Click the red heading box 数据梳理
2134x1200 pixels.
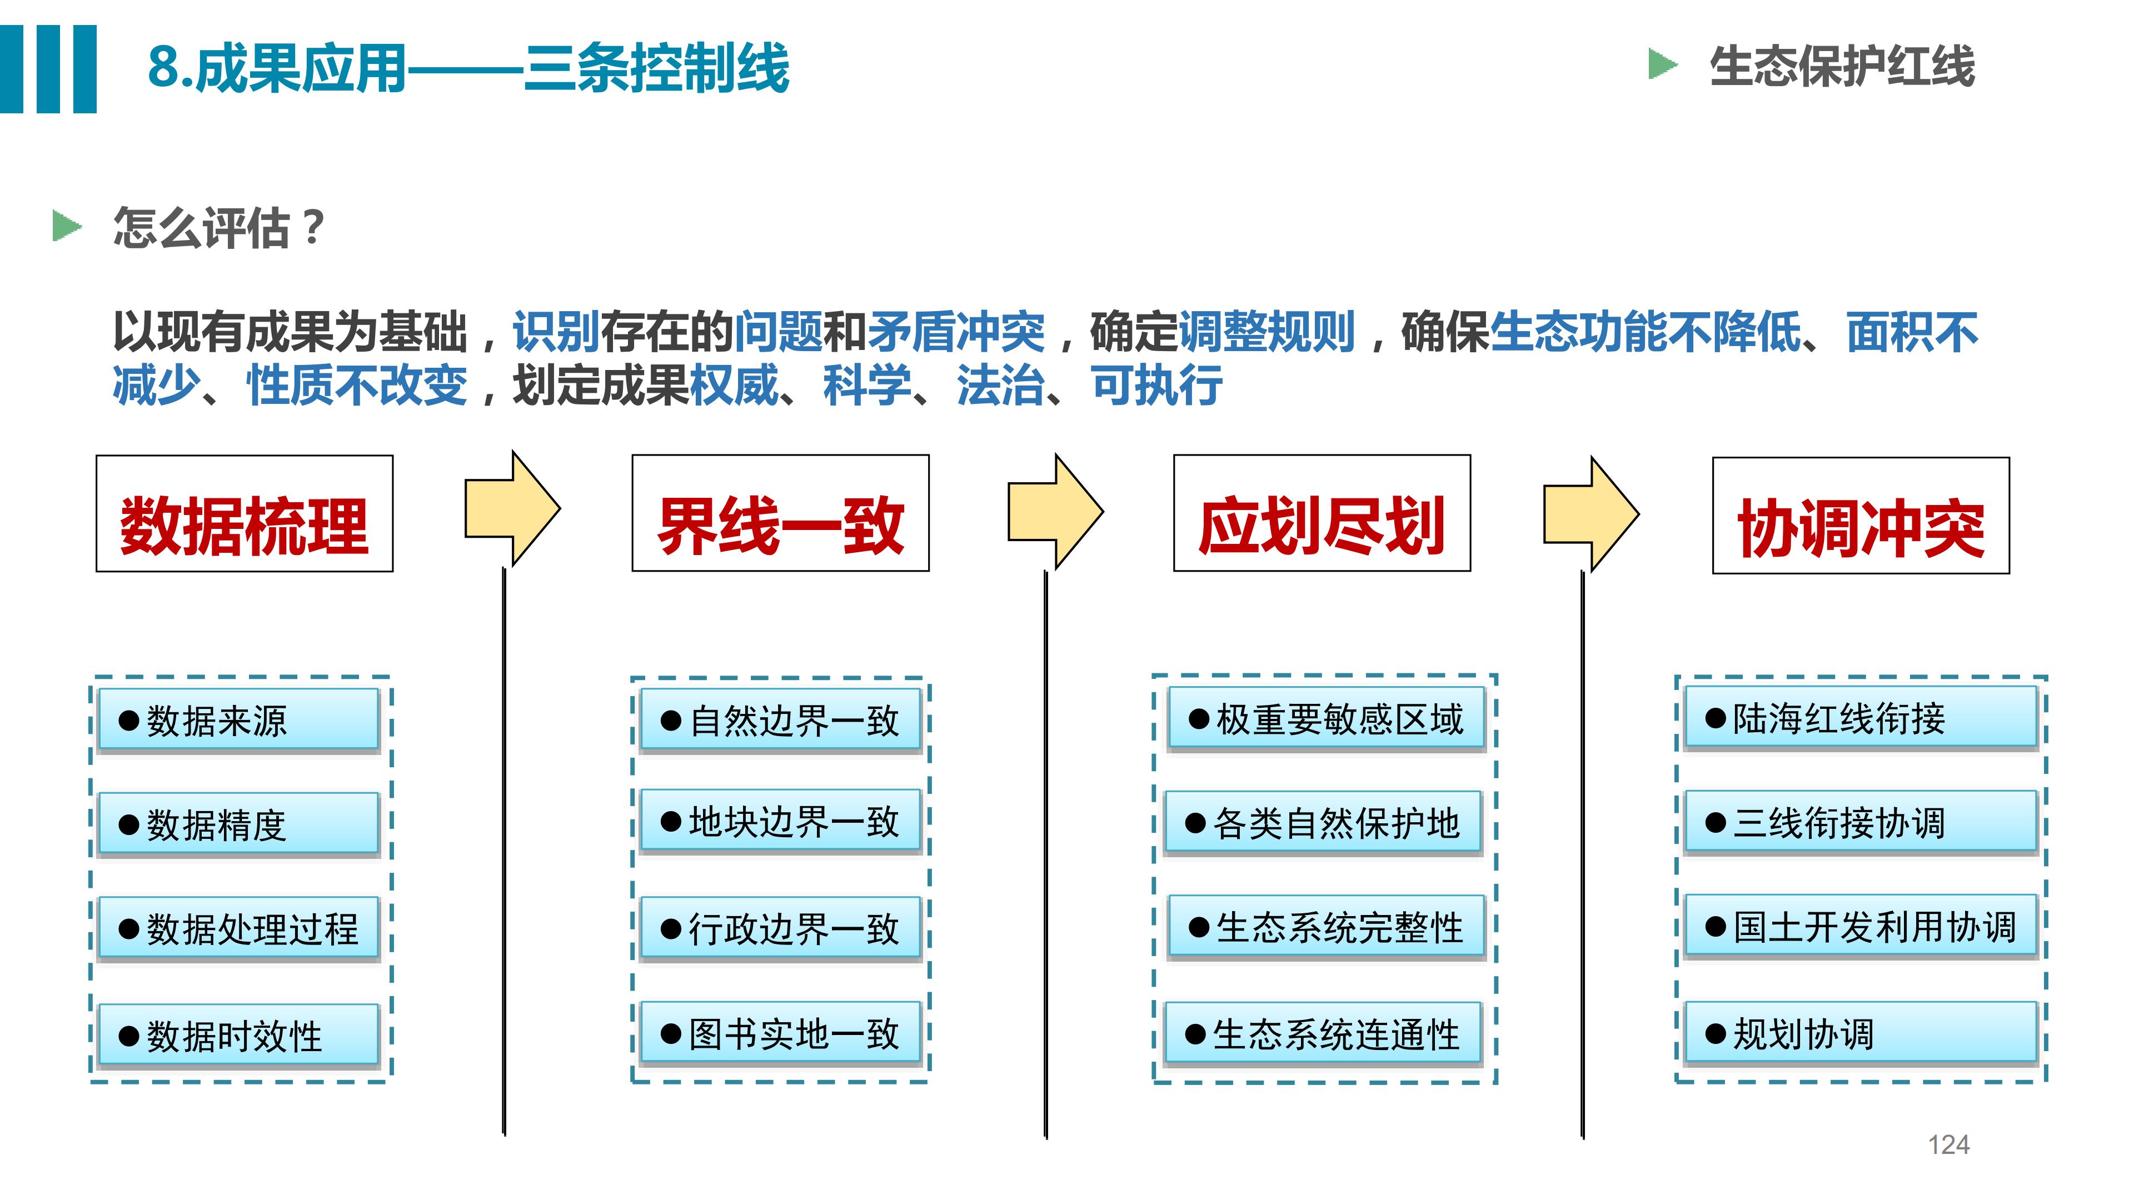(x=245, y=513)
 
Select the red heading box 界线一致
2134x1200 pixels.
(x=780, y=513)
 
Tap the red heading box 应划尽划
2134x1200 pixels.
(x=1322, y=513)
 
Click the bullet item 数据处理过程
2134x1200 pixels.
(x=238, y=928)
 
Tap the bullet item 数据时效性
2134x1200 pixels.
(x=238, y=1035)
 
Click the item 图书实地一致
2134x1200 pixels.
(x=780, y=1033)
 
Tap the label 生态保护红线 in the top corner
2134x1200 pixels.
(x=1842, y=66)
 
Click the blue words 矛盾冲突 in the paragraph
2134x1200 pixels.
(x=956, y=332)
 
